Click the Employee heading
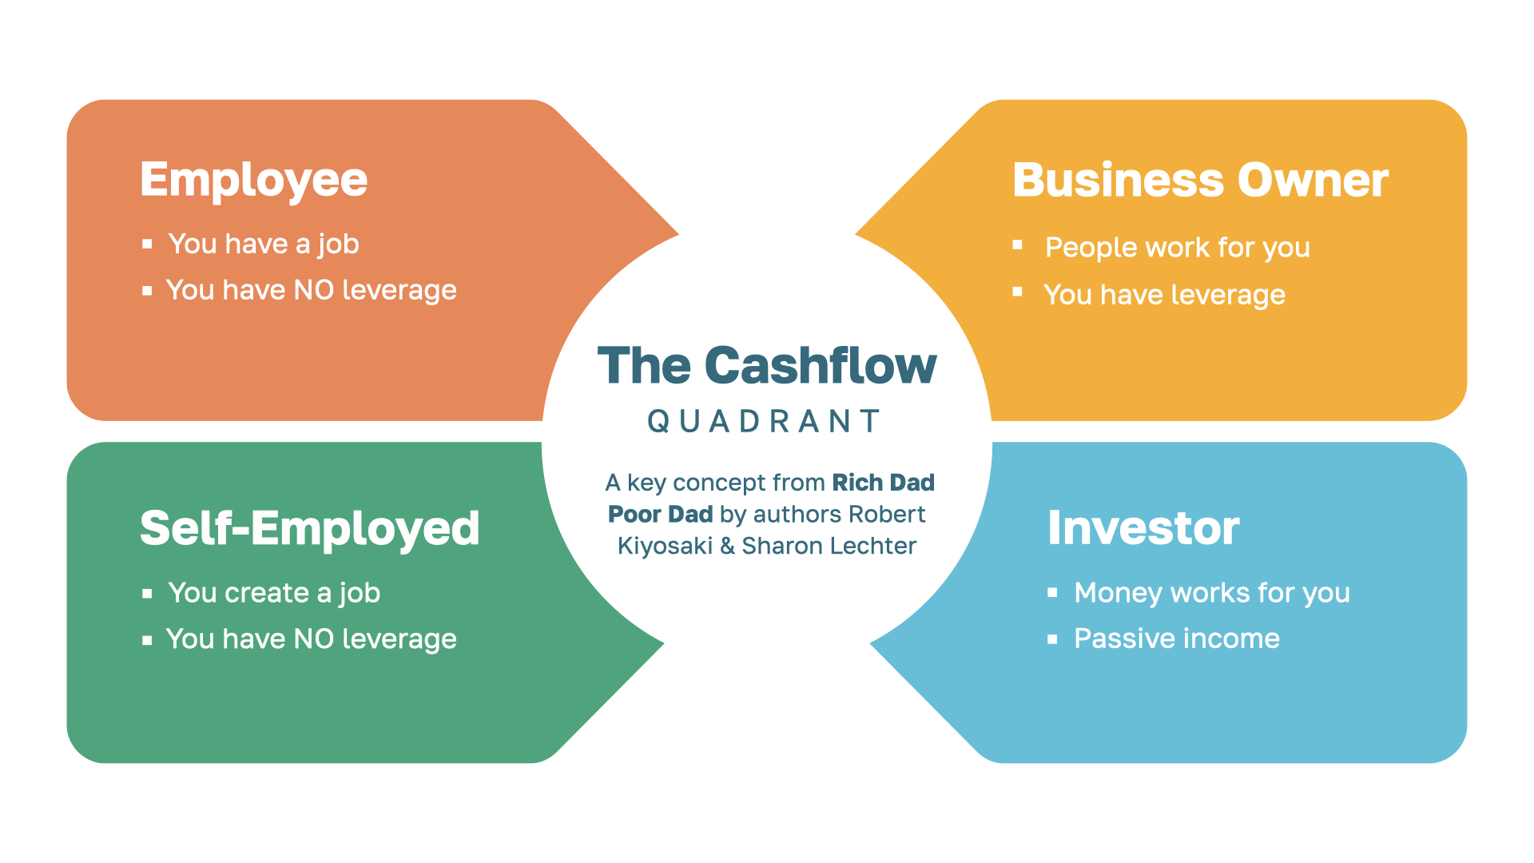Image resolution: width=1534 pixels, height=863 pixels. point(253,181)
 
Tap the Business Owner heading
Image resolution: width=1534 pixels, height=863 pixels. point(1200,181)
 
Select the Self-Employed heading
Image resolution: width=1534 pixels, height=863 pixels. point(309,529)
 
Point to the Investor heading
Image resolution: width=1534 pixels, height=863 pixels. point(1143,528)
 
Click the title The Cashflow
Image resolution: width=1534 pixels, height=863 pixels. point(767,366)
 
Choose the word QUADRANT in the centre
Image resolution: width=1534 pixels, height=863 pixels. point(765,421)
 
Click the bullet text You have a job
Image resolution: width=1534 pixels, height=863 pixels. point(264,244)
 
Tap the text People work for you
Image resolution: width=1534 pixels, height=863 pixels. point(1177,248)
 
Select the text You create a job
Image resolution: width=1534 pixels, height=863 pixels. point(274,593)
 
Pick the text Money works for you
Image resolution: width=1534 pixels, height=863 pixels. point(1211,593)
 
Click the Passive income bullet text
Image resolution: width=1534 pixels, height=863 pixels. point(1176,638)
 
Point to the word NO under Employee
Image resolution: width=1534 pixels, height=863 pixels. point(314,290)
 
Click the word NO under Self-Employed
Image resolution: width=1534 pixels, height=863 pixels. point(314,639)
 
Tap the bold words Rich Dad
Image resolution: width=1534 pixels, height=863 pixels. point(883,483)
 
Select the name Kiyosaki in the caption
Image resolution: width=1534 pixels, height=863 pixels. point(665,546)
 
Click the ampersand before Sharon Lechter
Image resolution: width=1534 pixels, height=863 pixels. point(727,546)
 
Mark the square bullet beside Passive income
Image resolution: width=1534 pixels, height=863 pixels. point(1052,638)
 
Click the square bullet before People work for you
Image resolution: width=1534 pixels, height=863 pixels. point(1017,245)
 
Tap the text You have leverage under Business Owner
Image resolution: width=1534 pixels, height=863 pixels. point(1164,295)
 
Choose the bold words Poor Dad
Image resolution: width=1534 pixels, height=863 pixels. point(660,514)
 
